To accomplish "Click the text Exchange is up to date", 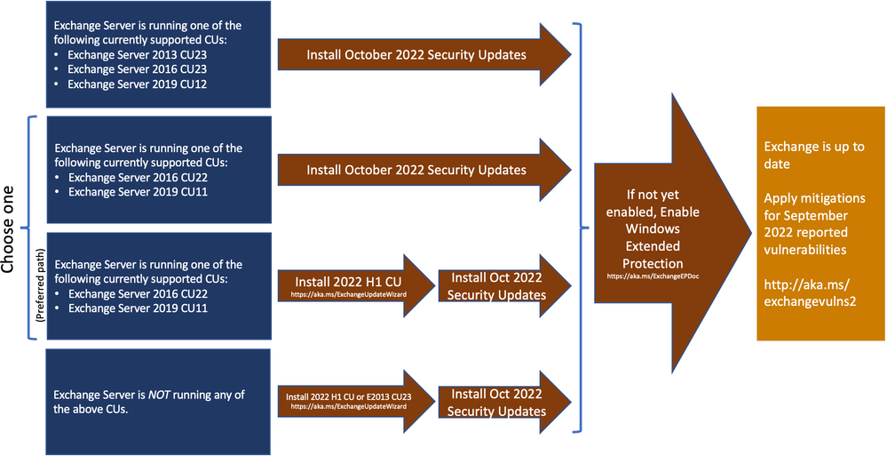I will [813, 156].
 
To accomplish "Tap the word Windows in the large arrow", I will [653, 229].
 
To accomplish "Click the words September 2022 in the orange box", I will [804, 223].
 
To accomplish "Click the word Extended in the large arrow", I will [653, 244].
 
